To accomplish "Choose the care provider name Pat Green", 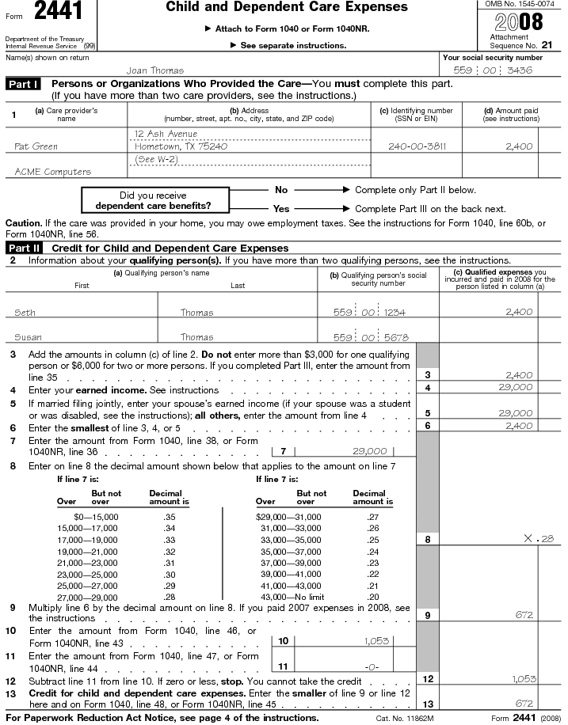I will (x=36, y=146).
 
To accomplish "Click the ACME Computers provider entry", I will (x=52, y=171).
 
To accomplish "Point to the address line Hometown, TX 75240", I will (x=181, y=146).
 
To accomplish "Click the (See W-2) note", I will (x=156, y=159).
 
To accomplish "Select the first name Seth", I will (x=25, y=313).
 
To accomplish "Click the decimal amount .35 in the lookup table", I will (x=169, y=516).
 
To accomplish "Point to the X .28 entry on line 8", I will (x=539, y=539).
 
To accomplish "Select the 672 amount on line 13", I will (x=524, y=703).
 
